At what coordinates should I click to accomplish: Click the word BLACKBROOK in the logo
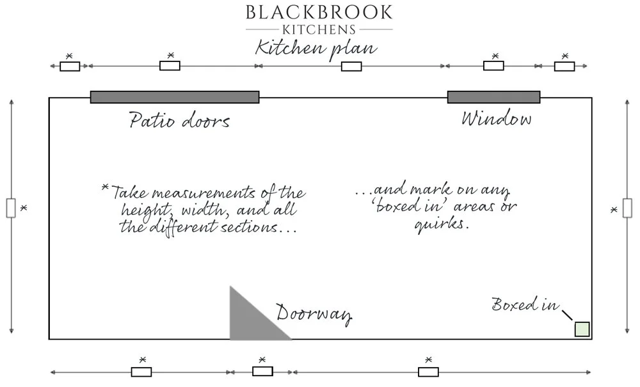pyautogui.click(x=319, y=12)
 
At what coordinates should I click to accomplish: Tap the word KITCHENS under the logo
pyautogui.click(x=319, y=29)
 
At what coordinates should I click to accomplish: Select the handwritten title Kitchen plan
pyautogui.click(x=316, y=48)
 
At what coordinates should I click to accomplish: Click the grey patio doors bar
pyautogui.click(x=175, y=97)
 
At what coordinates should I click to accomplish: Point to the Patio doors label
pyautogui.click(x=179, y=120)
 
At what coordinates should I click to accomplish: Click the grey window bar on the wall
pyautogui.click(x=493, y=97)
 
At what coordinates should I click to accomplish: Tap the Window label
pyautogui.click(x=496, y=119)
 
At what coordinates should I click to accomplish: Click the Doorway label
pyautogui.click(x=314, y=313)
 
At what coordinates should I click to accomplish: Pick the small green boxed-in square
pyautogui.click(x=582, y=329)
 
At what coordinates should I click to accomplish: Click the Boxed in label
pyautogui.click(x=524, y=305)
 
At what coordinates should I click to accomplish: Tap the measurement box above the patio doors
pyautogui.click(x=170, y=66)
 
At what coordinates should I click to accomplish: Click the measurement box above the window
pyautogui.click(x=493, y=66)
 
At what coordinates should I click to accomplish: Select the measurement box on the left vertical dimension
pyautogui.click(x=11, y=209)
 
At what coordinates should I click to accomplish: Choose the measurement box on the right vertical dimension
pyautogui.click(x=627, y=209)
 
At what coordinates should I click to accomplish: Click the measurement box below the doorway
pyautogui.click(x=262, y=372)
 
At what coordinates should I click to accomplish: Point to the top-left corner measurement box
pyautogui.click(x=70, y=66)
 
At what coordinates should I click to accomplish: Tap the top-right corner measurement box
pyautogui.click(x=564, y=66)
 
